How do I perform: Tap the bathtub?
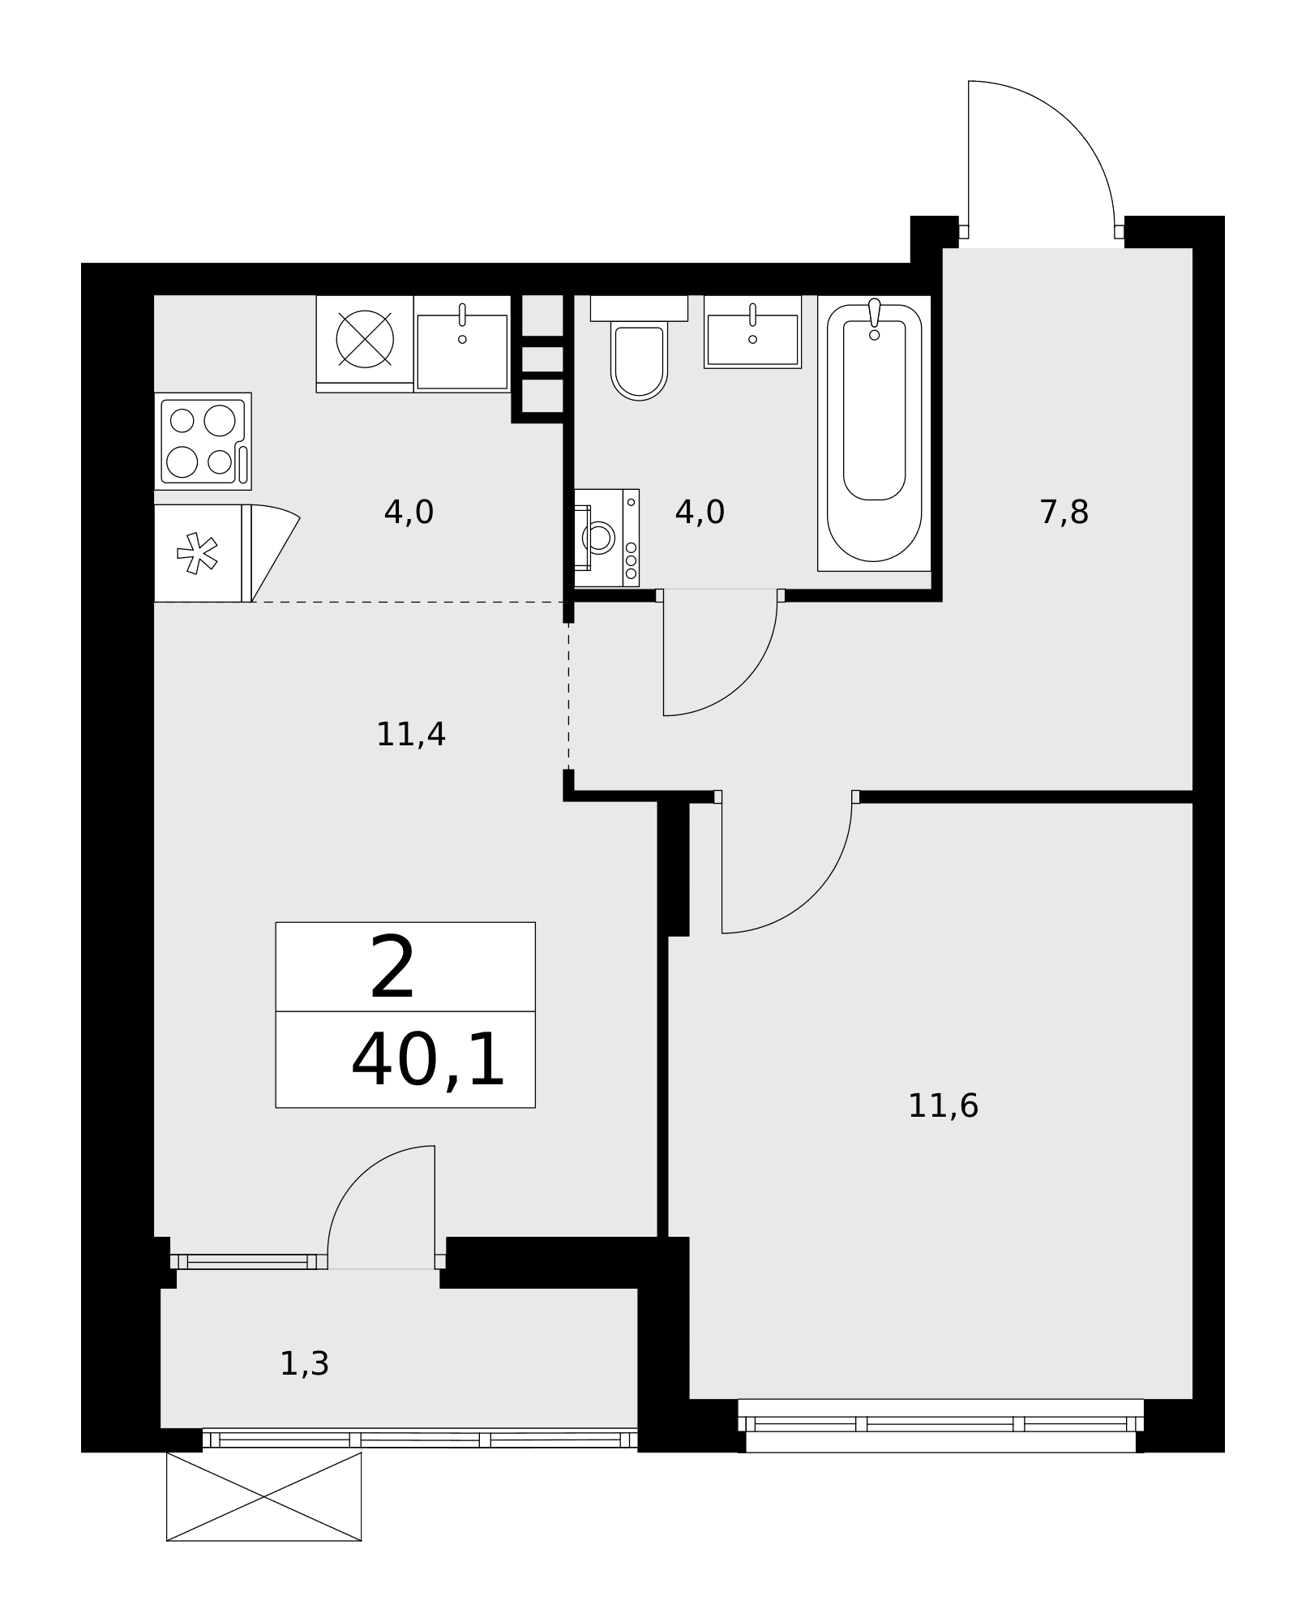coord(874,433)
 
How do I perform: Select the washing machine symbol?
coord(606,538)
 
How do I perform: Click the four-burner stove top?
coord(203,441)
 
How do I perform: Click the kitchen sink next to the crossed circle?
coord(462,344)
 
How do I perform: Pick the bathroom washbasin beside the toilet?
coord(752,332)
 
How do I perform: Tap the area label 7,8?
coord(1064,513)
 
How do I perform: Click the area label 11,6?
coord(943,1106)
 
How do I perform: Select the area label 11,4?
coord(411,735)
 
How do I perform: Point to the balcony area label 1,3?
coord(304,1364)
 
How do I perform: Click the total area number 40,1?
coord(428,1061)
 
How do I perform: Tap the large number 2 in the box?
coord(392,968)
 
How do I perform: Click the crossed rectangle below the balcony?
coord(263,1496)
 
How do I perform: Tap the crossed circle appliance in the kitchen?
coord(365,339)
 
